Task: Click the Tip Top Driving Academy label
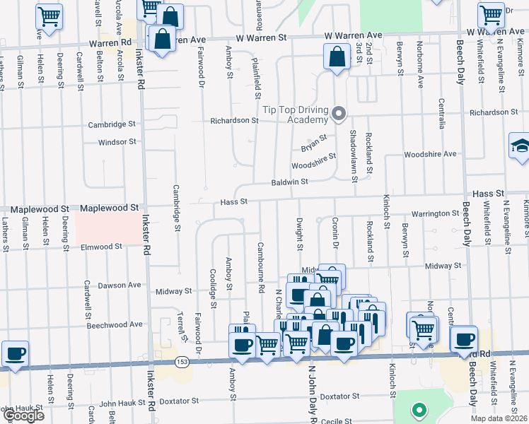[x=296, y=114]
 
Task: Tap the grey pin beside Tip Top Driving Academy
[x=339, y=113]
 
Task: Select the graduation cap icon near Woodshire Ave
[x=520, y=146]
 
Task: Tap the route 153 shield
[x=182, y=361]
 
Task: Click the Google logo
[x=23, y=416]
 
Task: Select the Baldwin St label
[x=289, y=182]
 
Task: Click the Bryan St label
[x=314, y=143]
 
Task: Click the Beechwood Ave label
[x=115, y=324]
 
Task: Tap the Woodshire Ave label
[x=430, y=154]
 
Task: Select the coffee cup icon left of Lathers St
[x=15, y=353]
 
